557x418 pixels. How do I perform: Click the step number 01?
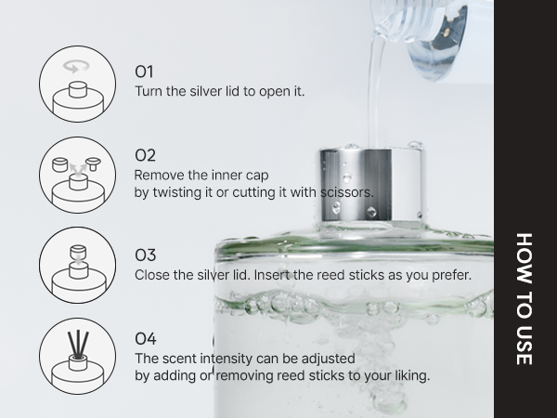click(x=145, y=72)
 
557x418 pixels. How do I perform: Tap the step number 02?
click(x=146, y=155)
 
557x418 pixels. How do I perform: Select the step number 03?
click(x=146, y=255)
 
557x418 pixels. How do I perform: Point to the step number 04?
click(x=146, y=338)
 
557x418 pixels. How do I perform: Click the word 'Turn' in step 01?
click(x=149, y=92)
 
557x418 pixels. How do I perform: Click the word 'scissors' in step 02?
click(x=347, y=192)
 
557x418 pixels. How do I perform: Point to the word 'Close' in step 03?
click(x=153, y=275)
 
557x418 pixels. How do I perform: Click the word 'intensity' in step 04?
click(x=221, y=358)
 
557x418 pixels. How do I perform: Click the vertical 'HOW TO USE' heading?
click(x=525, y=297)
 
